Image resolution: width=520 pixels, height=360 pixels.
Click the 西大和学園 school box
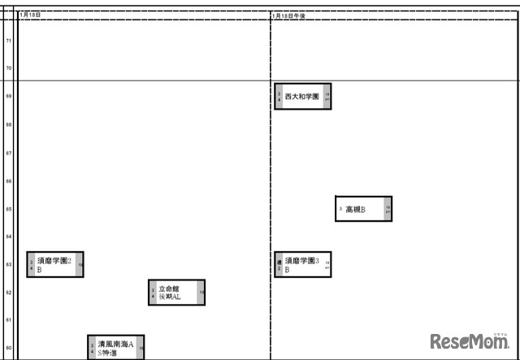302,96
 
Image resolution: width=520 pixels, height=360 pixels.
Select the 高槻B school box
363,209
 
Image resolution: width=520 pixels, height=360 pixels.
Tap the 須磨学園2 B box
55,265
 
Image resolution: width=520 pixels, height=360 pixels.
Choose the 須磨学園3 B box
302,265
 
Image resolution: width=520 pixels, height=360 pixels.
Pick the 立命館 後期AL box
176,293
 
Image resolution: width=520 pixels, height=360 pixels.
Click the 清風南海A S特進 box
115,348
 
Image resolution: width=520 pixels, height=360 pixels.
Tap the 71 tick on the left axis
9,41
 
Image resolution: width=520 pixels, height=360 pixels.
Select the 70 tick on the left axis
9,68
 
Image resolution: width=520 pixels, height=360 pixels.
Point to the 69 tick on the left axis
9,97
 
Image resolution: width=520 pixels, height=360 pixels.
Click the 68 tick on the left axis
9,124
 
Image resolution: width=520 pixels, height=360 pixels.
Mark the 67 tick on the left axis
9,153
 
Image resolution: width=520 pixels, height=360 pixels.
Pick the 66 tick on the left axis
9,181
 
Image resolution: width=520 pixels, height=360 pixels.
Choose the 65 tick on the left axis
9,209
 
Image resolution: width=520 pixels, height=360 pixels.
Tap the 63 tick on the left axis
9,264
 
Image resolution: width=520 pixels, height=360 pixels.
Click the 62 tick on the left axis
9,292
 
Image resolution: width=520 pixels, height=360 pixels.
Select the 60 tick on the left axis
9,348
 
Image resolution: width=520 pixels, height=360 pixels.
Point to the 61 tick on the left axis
9,320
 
